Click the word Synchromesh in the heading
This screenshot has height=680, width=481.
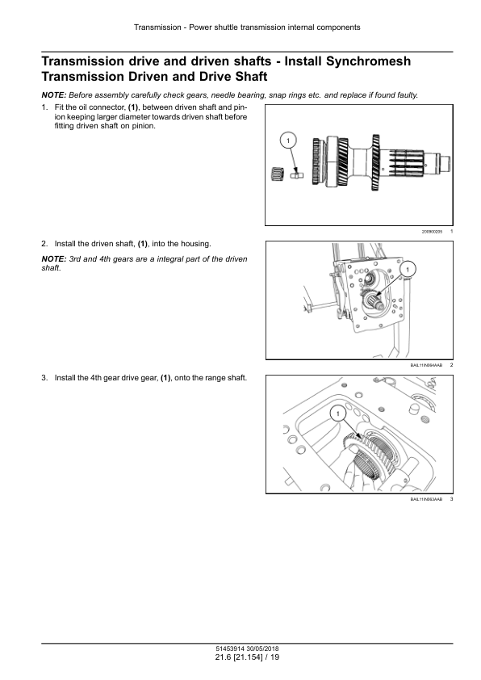click(368, 61)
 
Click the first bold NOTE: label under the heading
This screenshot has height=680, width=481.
click(54, 95)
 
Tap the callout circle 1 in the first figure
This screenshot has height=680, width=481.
click(288, 140)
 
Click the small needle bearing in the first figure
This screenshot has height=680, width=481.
click(278, 174)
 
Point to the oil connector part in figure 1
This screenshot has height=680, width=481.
click(297, 174)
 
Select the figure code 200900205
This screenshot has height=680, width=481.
click(432, 232)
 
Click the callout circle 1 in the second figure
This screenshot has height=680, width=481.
click(408, 270)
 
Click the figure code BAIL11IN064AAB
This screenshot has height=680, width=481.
click(426, 366)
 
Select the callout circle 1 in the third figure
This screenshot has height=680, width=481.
click(338, 413)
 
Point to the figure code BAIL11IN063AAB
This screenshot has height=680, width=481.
click(426, 500)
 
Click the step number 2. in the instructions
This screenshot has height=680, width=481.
click(44, 244)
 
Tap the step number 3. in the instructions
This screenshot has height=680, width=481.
click(44, 378)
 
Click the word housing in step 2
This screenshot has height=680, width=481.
click(196, 244)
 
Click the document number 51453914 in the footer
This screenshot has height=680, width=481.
click(230, 649)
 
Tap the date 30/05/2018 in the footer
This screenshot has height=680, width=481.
click(262, 649)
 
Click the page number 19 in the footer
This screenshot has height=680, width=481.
click(274, 657)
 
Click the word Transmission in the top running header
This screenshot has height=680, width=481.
click(157, 27)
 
